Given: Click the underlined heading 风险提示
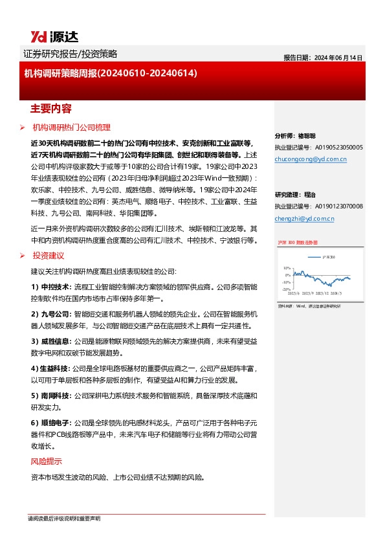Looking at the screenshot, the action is pos(47,462).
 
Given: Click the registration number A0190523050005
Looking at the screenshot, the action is pos(333,148).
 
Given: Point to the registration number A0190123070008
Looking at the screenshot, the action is pos(333,206).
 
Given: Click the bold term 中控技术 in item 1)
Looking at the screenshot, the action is pos(56,286).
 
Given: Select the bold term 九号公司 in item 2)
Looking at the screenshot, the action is pos(56,313).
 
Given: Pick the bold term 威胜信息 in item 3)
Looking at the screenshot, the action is pos(56,340).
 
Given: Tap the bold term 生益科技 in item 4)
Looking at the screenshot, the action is pos(56,368).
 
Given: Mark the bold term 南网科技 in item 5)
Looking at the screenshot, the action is pos(56,395).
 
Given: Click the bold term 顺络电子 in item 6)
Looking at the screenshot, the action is pos(56,422).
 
